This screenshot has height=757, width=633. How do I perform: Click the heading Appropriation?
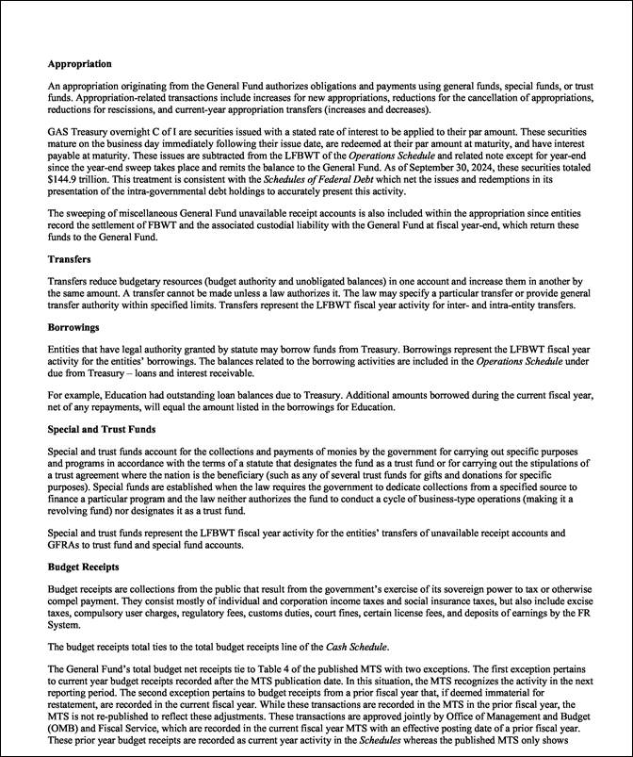point(80,64)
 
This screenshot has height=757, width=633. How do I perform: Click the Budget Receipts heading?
point(84,567)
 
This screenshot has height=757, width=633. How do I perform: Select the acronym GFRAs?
point(64,545)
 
